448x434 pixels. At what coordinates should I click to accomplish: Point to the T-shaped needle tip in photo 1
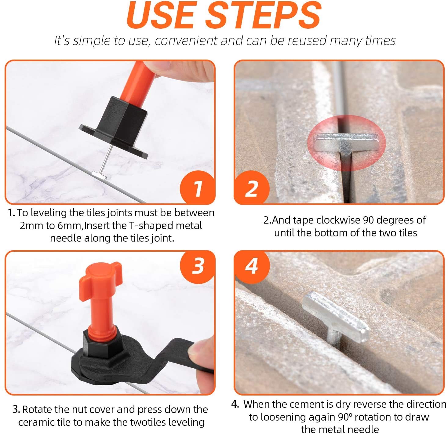[100, 175]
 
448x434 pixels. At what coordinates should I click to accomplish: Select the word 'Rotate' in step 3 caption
[37, 409]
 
